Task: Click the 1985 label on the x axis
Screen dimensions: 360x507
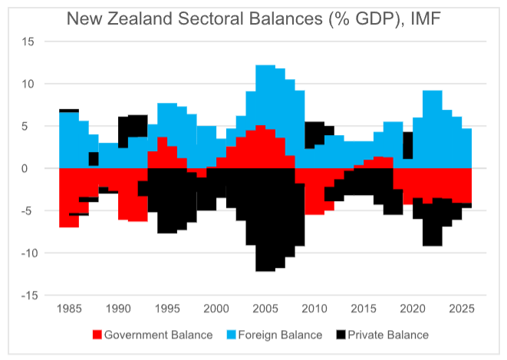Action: (69, 309)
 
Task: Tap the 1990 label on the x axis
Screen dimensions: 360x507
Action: (118, 309)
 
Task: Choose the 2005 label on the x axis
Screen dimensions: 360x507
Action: (265, 309)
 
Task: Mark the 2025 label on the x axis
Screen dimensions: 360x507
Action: (461, 309)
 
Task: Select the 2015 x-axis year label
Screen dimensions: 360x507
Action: (363, 309)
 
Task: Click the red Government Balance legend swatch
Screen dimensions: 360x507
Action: (97, 335)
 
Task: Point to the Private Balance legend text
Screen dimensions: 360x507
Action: (387, 335)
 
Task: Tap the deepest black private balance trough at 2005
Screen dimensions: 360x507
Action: (265, 266)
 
